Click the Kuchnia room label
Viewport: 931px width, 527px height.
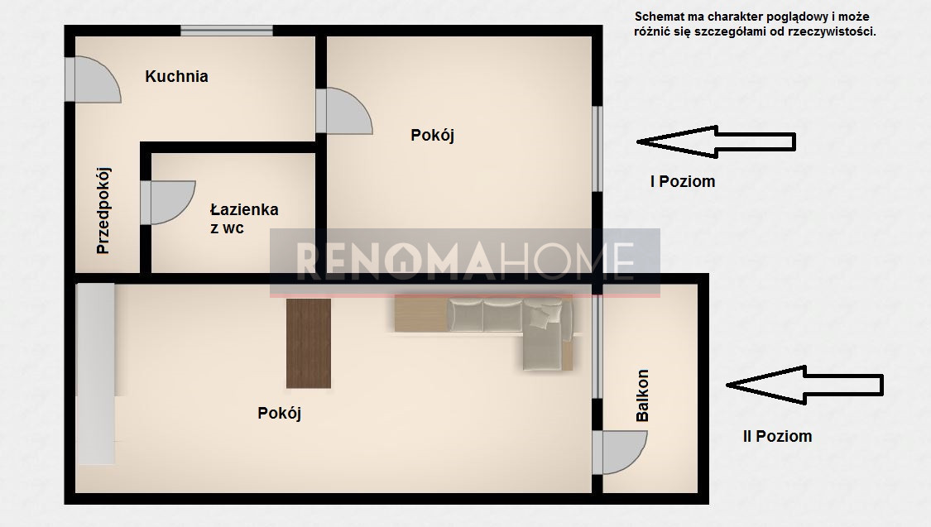pyautogui.click(x=176, y=77)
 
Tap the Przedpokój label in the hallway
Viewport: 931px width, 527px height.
pyautogui.click(x=103, y=211)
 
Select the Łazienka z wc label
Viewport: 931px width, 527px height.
pyautogui.click(x=244, y=218)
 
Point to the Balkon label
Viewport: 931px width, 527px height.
pyautogui.click(x=642, y=395)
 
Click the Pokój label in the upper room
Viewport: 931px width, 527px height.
pyautogui.click(x=432, y=136)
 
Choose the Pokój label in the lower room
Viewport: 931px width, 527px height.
pyautogui.click(x=279, y=413)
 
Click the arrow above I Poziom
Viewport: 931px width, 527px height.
pyautogui.click(x=716, y=141)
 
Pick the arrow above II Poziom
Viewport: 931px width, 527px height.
pyautogui.click(x=805, y=386)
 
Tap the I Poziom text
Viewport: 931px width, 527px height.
pyautogui.click(x=683, y=182)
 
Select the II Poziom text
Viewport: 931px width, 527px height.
pyautogui.click(x=777, y=436)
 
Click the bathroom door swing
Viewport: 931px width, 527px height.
pyautogui.click(x=168, y=203)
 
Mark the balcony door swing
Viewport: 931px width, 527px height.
pyautogui.click(x=620, y=453)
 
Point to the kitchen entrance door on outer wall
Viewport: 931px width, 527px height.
pyautogui.click(x=94, y=79)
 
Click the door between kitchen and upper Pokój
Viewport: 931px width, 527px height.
pyautogui.click(x=344, y=111)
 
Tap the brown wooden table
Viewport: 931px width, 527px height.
pyautogui.click(x=309, y=343)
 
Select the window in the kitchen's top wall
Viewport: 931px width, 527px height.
pyautogui.click(x=227, y=31)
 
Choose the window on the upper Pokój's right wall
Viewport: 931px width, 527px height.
pyautogui.click(x=597, y=149)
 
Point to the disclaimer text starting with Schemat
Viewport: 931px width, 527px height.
pyautogui.click(x=755, y=24)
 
